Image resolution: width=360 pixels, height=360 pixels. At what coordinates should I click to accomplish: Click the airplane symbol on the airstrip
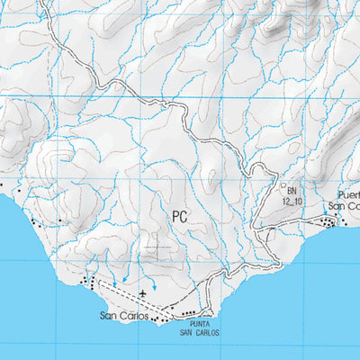coord(143,293)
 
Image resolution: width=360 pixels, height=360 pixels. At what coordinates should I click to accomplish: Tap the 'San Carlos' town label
coord(122,316)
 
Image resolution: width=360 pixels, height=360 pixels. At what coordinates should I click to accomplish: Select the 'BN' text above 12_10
coord(292,191)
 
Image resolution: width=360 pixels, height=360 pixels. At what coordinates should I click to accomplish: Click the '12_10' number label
coord(291,202)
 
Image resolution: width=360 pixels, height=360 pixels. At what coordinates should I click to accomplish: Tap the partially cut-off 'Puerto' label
coord(348,194)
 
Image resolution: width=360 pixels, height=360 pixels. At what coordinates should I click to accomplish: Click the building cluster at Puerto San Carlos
coord(329,220)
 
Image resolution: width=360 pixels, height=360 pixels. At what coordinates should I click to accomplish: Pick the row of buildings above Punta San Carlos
coord(189,312)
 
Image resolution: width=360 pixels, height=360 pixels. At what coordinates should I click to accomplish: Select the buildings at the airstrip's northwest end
coord(87,283)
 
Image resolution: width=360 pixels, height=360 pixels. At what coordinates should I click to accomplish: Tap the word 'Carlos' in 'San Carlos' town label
coord(131,316)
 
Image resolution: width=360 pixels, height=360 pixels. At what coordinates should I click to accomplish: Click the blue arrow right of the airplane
coord(154,285)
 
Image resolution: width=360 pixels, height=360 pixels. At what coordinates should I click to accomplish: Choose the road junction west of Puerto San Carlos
coord(262,230)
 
